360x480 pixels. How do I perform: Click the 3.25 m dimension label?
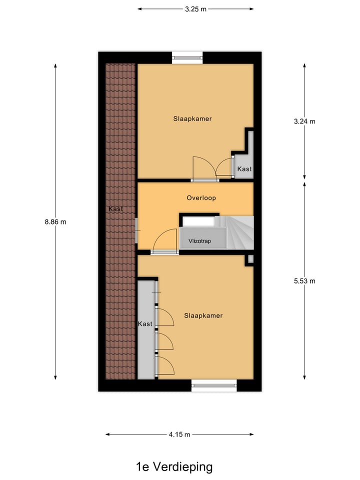(195, 9)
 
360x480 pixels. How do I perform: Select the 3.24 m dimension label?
(305, 121)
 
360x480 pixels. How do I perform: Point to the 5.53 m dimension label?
(305, 280)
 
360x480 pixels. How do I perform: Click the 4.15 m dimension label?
(180, 434)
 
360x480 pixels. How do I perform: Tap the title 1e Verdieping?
(174, 467)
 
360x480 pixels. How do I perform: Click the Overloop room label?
(201, 198)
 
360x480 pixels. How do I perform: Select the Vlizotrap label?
(199, 241)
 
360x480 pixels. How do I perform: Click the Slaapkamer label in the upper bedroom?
(192, 119)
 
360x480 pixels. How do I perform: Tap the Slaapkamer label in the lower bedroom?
(203, 315)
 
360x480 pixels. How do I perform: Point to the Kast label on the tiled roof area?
(115, 208)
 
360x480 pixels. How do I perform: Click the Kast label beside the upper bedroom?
(244, 169)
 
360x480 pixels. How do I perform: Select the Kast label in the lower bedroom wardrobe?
(145, 324)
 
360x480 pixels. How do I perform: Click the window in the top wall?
(188, 56)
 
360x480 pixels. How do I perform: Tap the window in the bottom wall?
(214, 385)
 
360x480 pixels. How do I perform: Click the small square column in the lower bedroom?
(250, 259)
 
